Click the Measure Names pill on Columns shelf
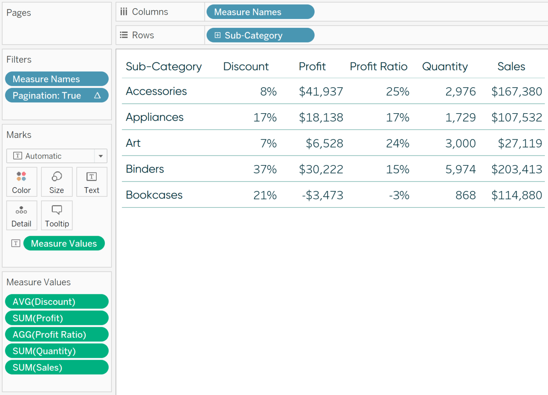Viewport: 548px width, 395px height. click(260, 12)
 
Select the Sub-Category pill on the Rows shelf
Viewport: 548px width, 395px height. click(260, 35)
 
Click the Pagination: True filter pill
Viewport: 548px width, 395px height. click(56, 96)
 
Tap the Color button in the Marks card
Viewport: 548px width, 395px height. click(21, 182)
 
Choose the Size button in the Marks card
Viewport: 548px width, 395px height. click(57, 182)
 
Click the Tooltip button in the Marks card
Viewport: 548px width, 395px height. click(57, 216)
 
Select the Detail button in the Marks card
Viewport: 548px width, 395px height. click(21, 216)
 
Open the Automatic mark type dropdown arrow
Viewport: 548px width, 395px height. click(101, 156)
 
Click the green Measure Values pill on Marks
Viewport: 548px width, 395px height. click(64, 244)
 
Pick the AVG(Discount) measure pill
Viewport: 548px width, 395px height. click(56, 302)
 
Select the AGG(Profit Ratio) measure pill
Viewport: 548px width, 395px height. click(56, 335)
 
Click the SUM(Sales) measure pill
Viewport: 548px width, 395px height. click(56, 367)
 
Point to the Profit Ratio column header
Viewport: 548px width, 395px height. click(379, 66)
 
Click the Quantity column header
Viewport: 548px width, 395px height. click(445, 66)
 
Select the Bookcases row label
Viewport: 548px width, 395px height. click(154, 195)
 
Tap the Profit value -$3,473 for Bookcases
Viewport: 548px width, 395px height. click(323, 195)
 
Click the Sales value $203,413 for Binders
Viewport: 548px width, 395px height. click(517, 169)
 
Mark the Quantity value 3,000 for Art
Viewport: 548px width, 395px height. click(460, 144)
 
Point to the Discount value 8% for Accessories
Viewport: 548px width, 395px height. click(268, 92)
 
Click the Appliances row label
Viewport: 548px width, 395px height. click(154, 117)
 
